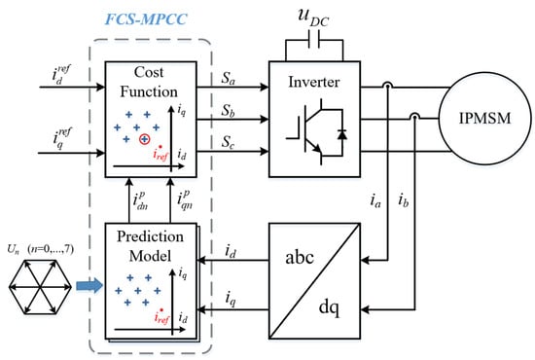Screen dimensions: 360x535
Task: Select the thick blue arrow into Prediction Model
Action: click(x=90, y=285)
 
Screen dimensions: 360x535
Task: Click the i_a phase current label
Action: click(x=374, y=198)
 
